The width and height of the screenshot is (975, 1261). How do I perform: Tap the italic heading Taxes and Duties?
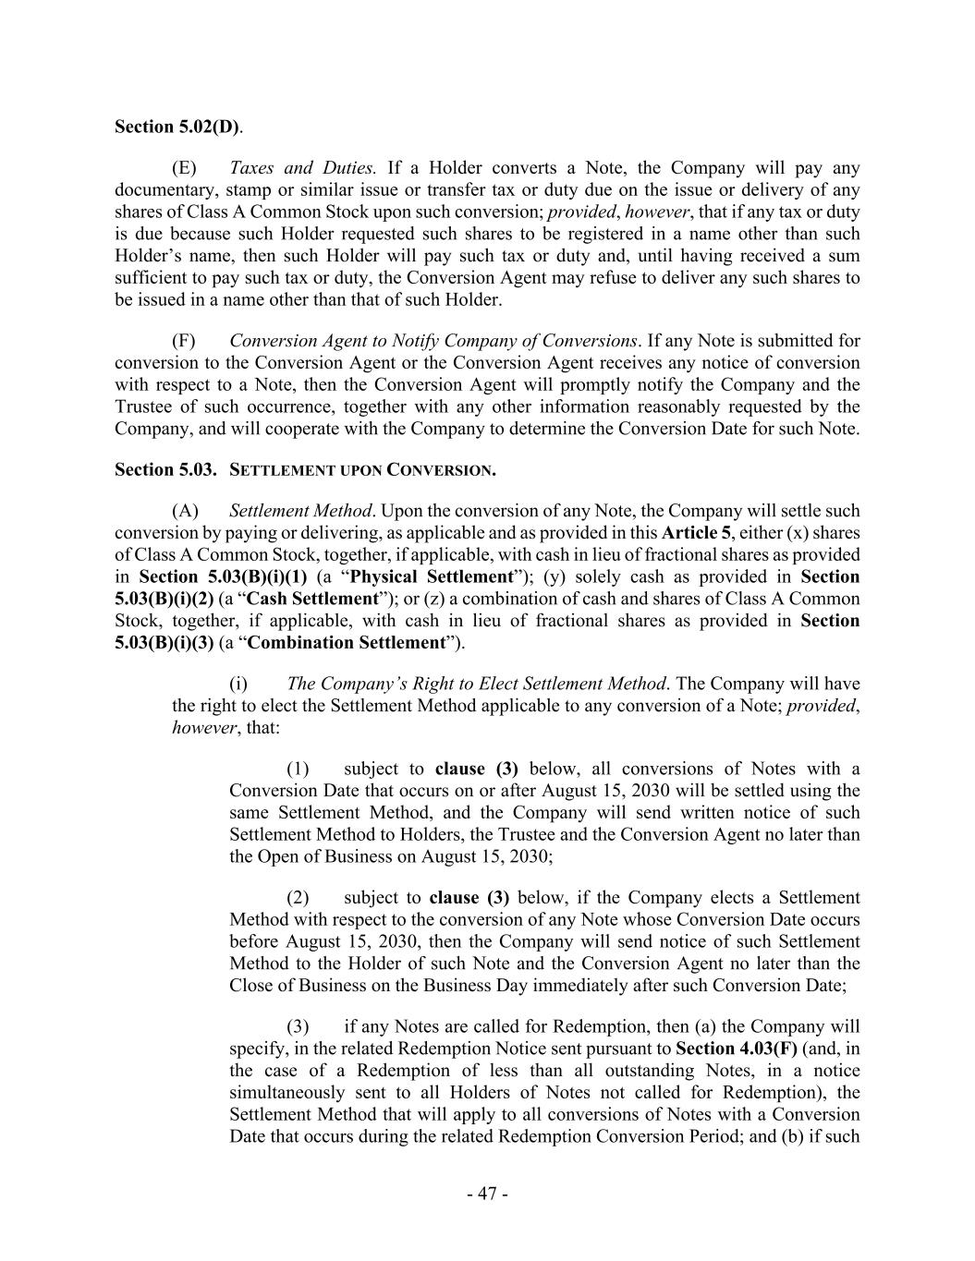pyautogui.click(x=302, y=168)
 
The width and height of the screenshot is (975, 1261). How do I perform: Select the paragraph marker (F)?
pyautogui.click(x=184, y=341)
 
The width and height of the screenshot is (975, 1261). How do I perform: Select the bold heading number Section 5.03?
pyautogui.click(x=165, y=470)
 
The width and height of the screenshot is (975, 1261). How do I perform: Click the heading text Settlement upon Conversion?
pyautogui.click(x=361, y=470)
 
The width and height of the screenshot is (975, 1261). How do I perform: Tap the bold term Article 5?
pyautogui.click(x=697, y=533)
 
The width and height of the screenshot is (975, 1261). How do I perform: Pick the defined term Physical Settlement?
pyautogui.click(x=433, y=577)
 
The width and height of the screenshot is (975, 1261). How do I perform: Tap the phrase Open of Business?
pyautogui.click(x=323, y=856)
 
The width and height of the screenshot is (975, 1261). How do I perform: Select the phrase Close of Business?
pyautogui.click(x=296, y=986)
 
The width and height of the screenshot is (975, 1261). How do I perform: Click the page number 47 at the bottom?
pyautogui.click(x=487, y=1194)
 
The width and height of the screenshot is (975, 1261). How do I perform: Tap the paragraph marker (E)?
pyautogui.click(x=184, y=168)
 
